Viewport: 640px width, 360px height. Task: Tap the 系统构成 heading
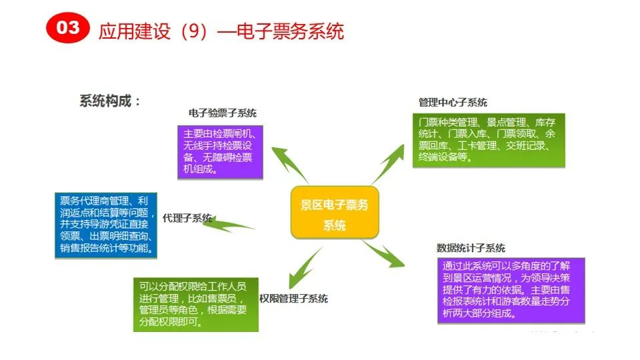click(x=111, y=101)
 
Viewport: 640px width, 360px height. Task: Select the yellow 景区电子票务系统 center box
click(x=335, y=213)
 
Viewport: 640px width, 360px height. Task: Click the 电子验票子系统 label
click(x=222, y=113)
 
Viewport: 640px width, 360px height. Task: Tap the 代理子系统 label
click(x=187, y=217)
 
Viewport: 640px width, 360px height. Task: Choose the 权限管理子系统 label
click(x=293, y=299)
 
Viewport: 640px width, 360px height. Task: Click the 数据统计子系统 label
click(x=471, y=248)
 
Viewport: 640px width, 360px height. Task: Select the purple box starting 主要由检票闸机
click(x=220, y=151)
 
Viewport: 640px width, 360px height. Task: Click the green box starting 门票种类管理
click(x=488, y=140)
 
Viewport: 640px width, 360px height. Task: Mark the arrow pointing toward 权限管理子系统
click(x=301, y=267)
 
